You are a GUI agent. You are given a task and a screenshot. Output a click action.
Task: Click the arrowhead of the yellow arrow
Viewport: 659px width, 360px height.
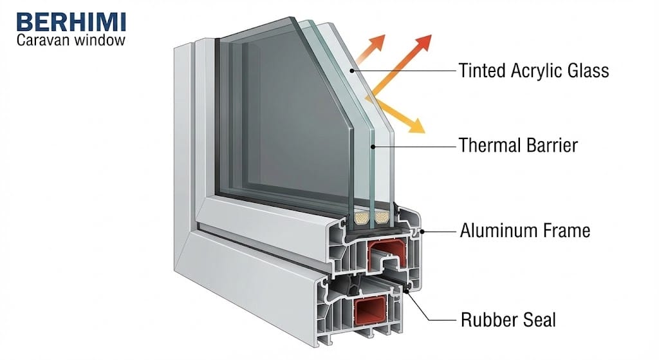418,126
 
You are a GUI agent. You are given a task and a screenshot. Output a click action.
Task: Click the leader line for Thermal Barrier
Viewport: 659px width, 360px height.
412,144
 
